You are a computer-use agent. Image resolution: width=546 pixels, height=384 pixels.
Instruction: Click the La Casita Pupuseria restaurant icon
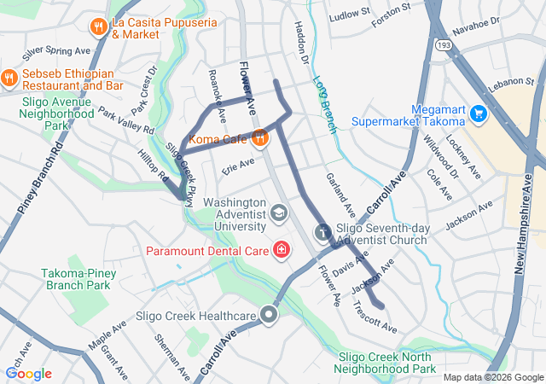[99, 26]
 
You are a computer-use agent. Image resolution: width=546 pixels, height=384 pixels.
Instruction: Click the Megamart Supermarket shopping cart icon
[479, 112]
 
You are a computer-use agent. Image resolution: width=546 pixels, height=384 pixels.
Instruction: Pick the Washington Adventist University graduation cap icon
[278, 212]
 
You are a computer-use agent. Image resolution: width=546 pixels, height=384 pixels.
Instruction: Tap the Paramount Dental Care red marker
[280, 250]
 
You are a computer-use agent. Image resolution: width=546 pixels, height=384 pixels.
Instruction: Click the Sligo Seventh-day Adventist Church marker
[322, 231]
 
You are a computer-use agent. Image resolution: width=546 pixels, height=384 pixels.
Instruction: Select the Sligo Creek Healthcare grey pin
[270, 316]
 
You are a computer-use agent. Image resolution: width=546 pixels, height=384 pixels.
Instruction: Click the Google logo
[28, 373]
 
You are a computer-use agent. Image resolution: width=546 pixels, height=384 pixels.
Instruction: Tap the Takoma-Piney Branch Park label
[77, 278]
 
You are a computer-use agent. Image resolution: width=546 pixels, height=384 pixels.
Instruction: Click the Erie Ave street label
[239, 163]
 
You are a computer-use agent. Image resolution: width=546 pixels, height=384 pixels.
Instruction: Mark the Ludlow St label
[350, 14]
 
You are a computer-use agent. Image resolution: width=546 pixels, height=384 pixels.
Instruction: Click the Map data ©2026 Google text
[492, 377]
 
